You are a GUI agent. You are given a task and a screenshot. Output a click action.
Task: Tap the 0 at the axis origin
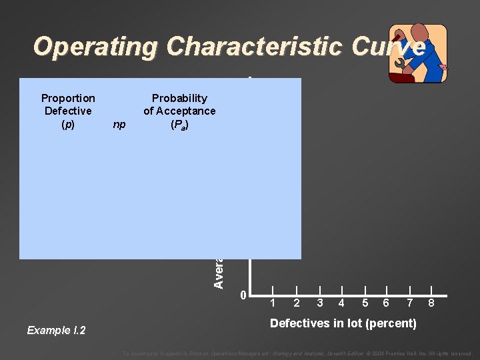point(243,295)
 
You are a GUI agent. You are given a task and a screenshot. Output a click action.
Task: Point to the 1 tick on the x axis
point(272,303)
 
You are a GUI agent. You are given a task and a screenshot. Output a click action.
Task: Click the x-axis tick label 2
point(296,303)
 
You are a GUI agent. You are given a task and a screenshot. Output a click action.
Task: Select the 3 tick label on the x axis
point(320,303)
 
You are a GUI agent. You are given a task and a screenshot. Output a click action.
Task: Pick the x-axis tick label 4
point(341,303)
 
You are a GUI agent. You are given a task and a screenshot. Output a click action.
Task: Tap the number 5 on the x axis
point(365,303)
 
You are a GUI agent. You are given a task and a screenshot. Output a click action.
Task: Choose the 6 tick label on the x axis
point(386,303)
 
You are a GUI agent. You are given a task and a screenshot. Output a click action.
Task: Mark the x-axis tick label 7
point(410,303)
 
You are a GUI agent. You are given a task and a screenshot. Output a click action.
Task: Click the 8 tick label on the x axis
point(432,303)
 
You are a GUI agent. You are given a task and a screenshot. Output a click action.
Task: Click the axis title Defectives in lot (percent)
point(343,324)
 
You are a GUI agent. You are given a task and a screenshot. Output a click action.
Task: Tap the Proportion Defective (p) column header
point(68,111)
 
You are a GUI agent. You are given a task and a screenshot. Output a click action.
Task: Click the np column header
point(119,124)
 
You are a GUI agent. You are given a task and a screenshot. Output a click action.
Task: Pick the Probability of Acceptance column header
point(179,111)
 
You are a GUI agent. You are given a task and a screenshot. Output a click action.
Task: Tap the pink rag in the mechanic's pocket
point(444,67)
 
